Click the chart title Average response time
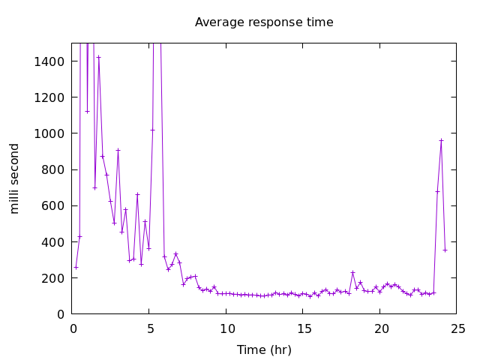(264, 22)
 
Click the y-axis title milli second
(15, 178)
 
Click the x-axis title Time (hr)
(264, 349)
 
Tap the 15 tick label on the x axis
(303, 328)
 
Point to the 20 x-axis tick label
(380, 328)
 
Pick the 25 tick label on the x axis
(457, 328)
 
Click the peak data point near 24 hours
(441, 140)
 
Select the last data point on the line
(445, 250)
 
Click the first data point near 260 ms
(76, 267)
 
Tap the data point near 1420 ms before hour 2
(98, 58)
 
